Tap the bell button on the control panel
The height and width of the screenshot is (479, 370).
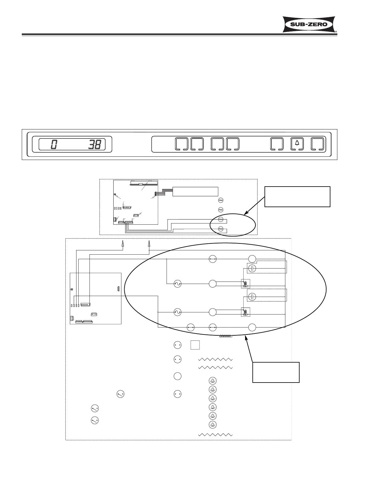pyautogui.click(x=297, y=144)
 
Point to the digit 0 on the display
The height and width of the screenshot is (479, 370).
pyautogui.click(x=54, y=145)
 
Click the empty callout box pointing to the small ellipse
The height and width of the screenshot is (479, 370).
pyautogui.click(x=297, y=197)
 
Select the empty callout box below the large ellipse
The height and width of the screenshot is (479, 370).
pyautogui.click(x=276, y=372)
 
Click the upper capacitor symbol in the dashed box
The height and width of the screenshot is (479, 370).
pyautogui.click(x=252, y=268)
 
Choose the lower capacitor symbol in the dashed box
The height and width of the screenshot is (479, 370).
pyautogui.click(x=252, y=297)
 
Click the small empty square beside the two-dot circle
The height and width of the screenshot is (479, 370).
pyautogui.click(x=195, y=345)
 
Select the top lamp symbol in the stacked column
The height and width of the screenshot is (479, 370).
pyautogui.click(x=213, y=381)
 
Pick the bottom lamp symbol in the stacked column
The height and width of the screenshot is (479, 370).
pyautogui.click(x=213, y=425)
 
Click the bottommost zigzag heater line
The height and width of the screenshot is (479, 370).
pyautogui.click(x=215, y=435)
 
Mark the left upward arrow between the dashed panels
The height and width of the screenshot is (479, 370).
pyautogui.click(x=122, y=244)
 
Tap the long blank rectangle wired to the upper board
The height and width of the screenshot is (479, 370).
pyautogui.click(x=195, y=191)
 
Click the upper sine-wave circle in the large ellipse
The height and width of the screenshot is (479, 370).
pyautogui.click(x=177, y=284)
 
